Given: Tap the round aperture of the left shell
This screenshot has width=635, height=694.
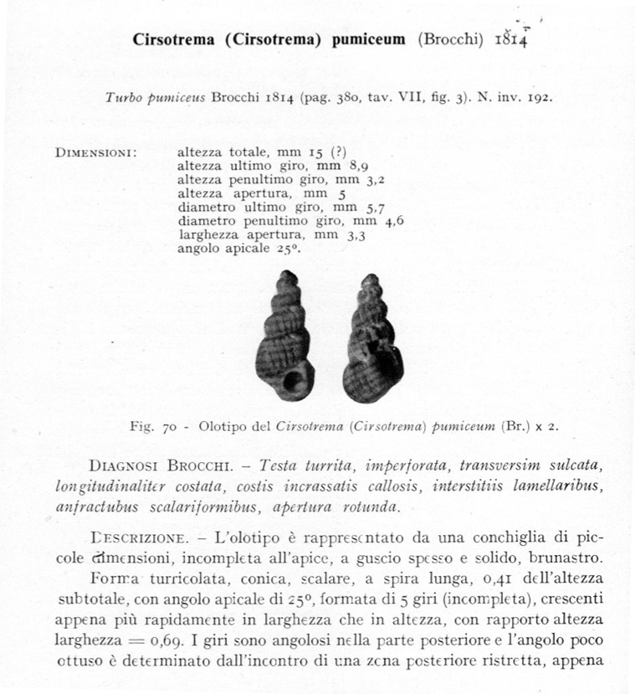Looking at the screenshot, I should point(293,382).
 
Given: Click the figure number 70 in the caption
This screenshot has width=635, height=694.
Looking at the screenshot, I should point(167,425).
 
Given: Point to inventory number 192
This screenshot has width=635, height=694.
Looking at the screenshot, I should point(538,97).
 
